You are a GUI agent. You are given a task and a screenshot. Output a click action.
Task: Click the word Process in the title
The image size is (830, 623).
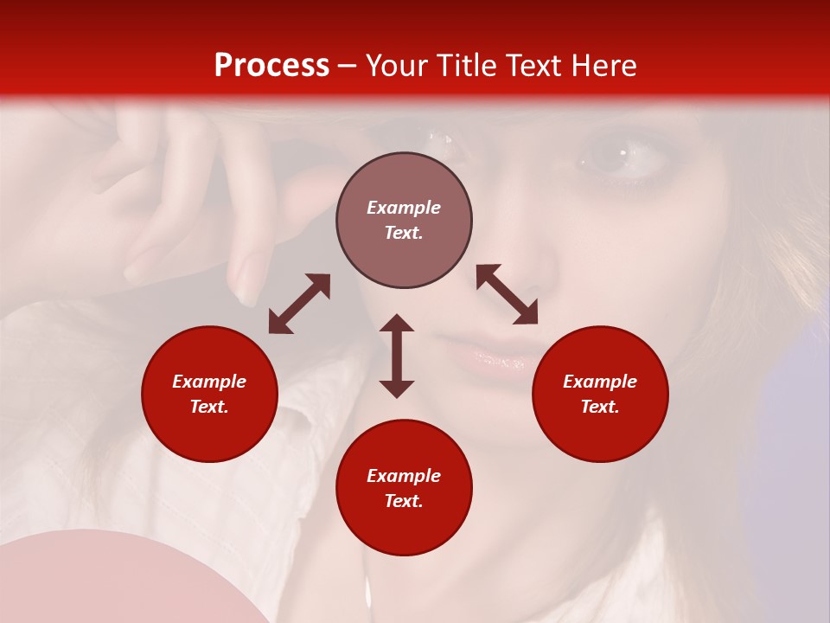coord(271,66)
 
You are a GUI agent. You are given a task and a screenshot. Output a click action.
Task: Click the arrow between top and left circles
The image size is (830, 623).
coord(299,304)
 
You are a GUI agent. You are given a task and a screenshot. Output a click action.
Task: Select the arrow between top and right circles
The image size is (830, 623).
coord(507,294)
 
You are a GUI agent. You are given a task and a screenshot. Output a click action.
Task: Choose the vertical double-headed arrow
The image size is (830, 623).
coord(397,356)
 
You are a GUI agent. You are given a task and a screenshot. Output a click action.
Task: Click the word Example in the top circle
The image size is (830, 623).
coord(404,208)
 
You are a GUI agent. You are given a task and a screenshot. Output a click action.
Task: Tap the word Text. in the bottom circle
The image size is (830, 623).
coord(404,501)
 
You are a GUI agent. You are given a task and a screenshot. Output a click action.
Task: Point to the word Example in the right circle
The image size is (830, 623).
coord(600,382)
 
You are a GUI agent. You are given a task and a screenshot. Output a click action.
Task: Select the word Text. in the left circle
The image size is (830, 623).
coord(209,407)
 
